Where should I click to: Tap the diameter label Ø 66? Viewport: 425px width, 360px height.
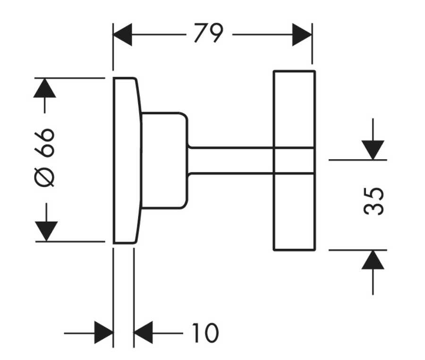(x=46, y=156)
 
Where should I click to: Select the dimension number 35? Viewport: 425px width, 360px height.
(x=374, y=201)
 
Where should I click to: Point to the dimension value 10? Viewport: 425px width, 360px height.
(x=204, y=333)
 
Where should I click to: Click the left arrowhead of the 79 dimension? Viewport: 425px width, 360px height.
(x=122, y=34)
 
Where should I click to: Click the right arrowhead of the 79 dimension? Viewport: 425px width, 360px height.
(x=302, y=34)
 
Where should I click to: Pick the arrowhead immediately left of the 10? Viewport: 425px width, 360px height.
(x=144, y=333)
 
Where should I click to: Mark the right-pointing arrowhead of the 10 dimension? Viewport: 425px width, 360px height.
(x=103, y=333)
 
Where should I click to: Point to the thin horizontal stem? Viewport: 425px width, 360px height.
(x=231, y=161)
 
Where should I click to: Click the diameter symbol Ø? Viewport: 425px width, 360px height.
(x=46, y=177)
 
